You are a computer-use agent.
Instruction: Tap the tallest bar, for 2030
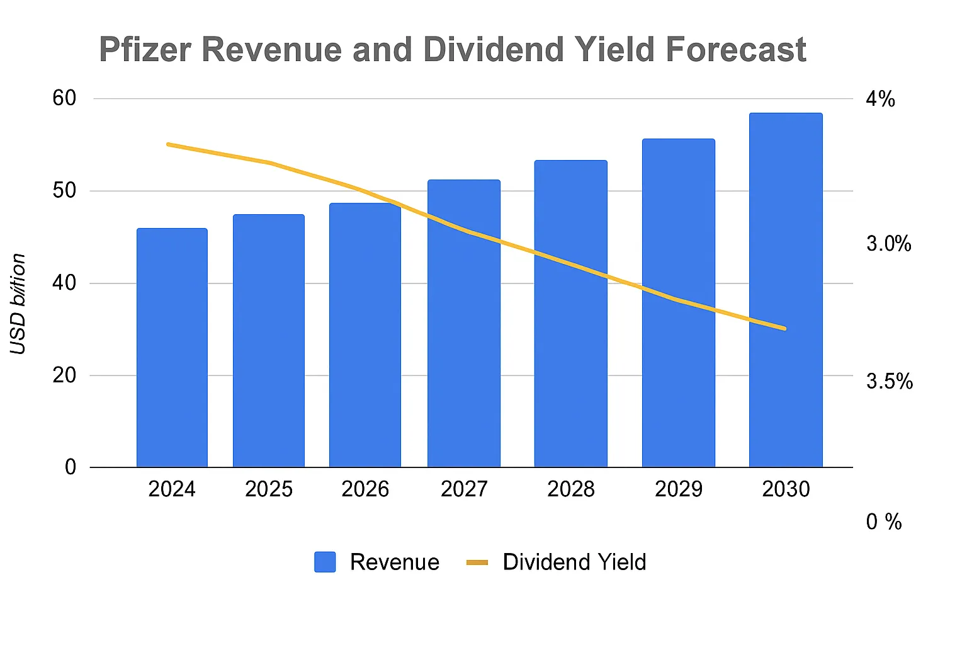pos(785,290)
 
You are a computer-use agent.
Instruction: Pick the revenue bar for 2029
pos(678,303)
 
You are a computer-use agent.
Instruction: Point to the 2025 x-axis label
pos(269,489)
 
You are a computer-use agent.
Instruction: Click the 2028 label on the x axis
pos(570,489)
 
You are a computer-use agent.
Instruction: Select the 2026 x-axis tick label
pos(365,489)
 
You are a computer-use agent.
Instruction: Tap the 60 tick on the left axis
pos(64,98)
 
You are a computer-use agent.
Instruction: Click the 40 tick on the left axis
pos(64,283)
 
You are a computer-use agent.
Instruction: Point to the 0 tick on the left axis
pos(71,467)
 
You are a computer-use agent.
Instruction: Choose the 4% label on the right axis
pos(880,99)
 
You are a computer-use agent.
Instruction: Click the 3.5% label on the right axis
pos(889,381)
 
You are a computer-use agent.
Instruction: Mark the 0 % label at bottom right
pos(884,522)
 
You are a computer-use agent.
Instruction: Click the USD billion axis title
pos(18,304)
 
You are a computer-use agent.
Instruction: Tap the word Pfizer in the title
pos(145,50)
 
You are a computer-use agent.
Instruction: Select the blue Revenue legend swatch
pos(325,562)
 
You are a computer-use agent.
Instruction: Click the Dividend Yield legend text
pos(574,562)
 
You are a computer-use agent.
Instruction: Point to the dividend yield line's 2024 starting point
pos(168,144)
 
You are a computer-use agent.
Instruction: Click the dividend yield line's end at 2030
pos(784,328)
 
